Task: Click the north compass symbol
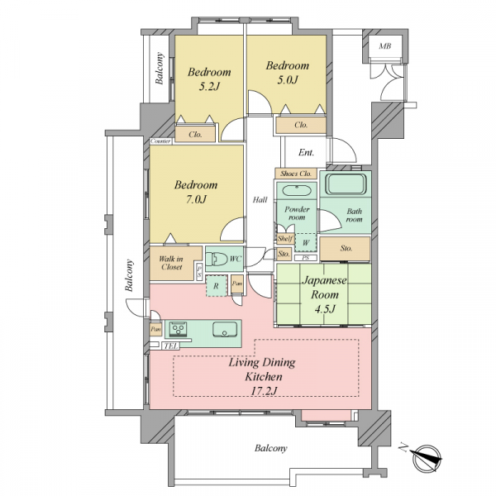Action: click(427, 458)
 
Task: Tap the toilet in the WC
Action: click(217, 259)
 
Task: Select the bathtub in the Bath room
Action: click(346, 184)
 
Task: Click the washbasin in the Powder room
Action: click(297, 191)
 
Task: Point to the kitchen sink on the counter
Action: click(225, 330)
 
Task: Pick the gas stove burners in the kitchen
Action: click(179, 329)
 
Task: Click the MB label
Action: click(385, 46)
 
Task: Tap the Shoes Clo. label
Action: click(296, 174)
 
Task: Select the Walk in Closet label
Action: click(171, 263)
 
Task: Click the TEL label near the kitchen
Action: click(171, 346)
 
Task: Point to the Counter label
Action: click(160, 141)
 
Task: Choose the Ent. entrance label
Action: click(306, 153)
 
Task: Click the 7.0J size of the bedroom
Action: click(196, 199)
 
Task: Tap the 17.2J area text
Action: click(264, 391)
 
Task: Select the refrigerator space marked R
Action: click(217, 286)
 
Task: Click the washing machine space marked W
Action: click(306, 243)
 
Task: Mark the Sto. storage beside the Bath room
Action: click(345, 249)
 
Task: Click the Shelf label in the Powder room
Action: click(285, 239)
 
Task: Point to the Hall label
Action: click(260, 200)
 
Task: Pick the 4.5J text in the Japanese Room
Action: click(325, 309)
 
